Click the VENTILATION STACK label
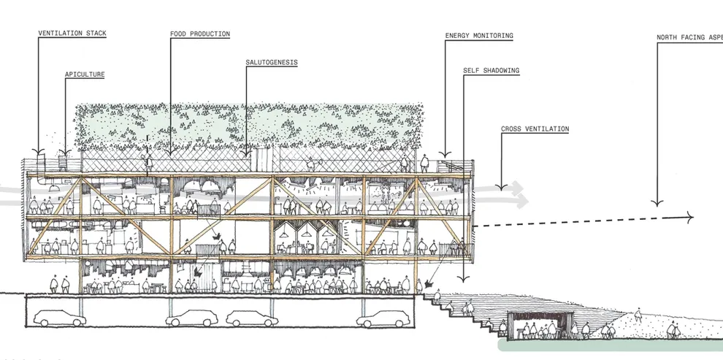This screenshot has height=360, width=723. click(x=72, y=33)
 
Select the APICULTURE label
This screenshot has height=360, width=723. click(x=85, y=74)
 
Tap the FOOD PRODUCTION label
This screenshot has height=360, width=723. click(x=199, y=34)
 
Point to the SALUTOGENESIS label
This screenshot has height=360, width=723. click(x=272, y=62)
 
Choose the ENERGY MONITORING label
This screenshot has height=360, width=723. click(x=479, y=35)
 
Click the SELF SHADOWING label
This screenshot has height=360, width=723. click(x=491, y=71)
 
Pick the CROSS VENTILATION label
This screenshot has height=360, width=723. click(x=535, y=129)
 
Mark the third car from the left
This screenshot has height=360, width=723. click(x=253, y=318)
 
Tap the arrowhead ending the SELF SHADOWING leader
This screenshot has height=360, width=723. click(x=464, y=281)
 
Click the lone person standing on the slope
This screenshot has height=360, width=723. click(x=638, y=315)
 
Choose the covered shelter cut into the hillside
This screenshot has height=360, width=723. click(x=541, y=325)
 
